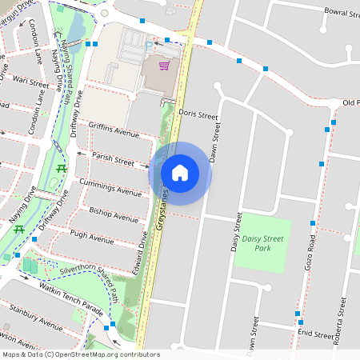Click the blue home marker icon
tap(180, 173)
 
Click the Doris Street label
tap(198, 114)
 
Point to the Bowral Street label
tap(334, 14)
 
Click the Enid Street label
tap(314, 334)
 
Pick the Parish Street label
tap(113, 160)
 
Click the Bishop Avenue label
tap(114, 214)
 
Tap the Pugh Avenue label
tap(92, 238)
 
